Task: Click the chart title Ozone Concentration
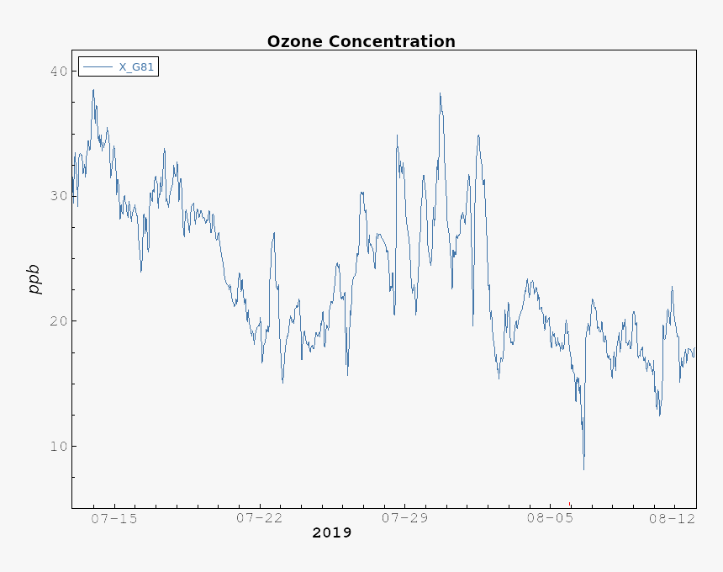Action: coord(361,41)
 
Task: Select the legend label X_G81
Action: coord(136,67)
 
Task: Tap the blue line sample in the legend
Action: coord(98,67)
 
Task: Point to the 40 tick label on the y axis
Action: coord(58,71)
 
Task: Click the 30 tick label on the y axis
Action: coord(58,196)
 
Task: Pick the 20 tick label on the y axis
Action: coord(58,321)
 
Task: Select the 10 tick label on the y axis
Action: coord(58,446)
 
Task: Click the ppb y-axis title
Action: coord(34,279)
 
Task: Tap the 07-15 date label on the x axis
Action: coord(114,518)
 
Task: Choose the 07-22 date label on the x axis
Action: coord(260,518)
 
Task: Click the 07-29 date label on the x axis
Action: coord(404,518)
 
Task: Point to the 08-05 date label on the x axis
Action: coord(550,518)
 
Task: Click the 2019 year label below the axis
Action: coord(332,533)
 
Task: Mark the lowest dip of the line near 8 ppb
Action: coord(583,469)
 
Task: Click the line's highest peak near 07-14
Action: coord(93,90)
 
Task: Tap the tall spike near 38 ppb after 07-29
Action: coord(440,93)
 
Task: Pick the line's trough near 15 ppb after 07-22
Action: coord(282,382)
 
